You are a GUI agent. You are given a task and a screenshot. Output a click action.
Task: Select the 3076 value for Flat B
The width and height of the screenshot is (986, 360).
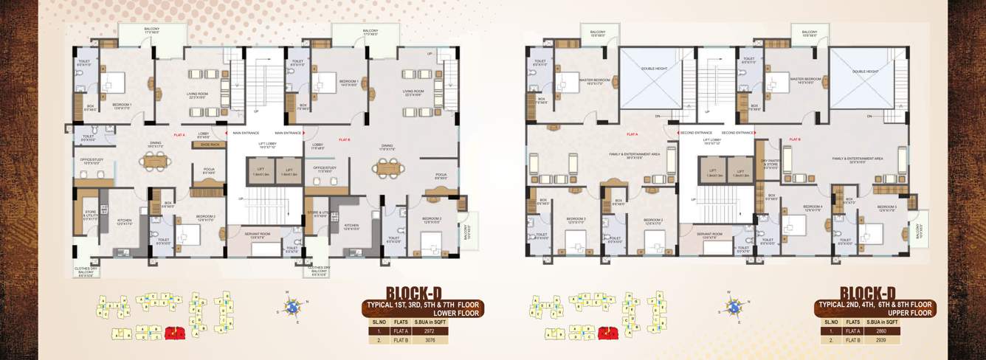point(430,342)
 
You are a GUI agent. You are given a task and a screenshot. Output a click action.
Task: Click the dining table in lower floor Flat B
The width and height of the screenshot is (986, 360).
point(386,168)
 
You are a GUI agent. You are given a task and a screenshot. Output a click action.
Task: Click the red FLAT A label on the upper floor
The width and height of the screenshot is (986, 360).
point(632,135)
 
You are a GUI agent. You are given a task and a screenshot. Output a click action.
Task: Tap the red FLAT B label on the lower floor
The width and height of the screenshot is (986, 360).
point(344,139)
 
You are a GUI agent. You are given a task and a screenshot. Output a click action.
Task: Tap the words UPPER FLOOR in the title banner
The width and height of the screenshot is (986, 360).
point(909,313)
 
